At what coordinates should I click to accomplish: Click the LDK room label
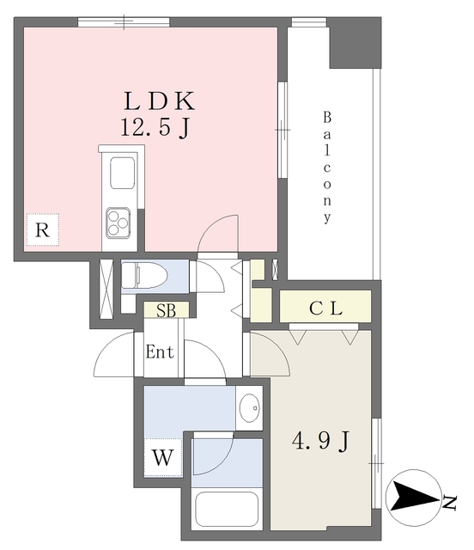(159, 101)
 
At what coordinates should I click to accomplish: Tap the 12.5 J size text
(155, 127)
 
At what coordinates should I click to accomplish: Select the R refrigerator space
(42, 229)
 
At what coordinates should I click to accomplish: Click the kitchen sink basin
(122, 173)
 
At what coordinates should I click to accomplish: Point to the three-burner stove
(118, 223)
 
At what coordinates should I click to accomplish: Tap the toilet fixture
(144, 276)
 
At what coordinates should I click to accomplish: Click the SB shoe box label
(167, 310)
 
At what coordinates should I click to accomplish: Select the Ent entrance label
(160, 351)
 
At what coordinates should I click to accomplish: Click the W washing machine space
(163, 457)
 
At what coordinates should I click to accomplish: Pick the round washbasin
(250, 407)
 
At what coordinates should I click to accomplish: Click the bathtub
(227, 510)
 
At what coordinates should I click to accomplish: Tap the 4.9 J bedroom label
(321, 441)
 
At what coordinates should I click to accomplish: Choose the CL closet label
(325, 309)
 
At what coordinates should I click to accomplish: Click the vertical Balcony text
(327, 168)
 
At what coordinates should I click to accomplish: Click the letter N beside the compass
(449, 503)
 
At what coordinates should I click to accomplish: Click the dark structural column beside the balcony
(355, 43)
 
